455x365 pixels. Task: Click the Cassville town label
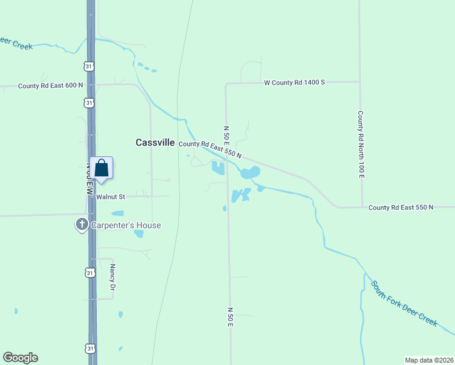pos(155,142)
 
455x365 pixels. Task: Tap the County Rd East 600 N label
pos(50,86)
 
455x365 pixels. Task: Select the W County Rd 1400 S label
pos(294,82)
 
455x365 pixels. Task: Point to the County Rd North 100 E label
pos(360,145)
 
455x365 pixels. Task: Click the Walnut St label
pos(110,196)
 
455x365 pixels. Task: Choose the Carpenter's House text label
pos(126,225)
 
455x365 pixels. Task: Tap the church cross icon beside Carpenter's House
pos(82,224)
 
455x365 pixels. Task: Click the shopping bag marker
pos(101,168)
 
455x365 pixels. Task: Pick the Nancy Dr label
pos(113,276)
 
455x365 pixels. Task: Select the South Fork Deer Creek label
pos(404,303)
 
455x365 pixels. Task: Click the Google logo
pos(20,358)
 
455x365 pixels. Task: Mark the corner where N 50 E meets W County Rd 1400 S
pos(226,83)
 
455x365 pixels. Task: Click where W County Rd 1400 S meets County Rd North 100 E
pos(359,82)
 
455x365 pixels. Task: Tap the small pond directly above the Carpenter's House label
pos(117,214)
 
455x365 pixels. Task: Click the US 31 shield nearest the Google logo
pos(90,349)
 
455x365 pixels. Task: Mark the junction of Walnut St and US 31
pos(91,196)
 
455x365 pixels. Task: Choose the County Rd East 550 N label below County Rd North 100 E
pos(401,207)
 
